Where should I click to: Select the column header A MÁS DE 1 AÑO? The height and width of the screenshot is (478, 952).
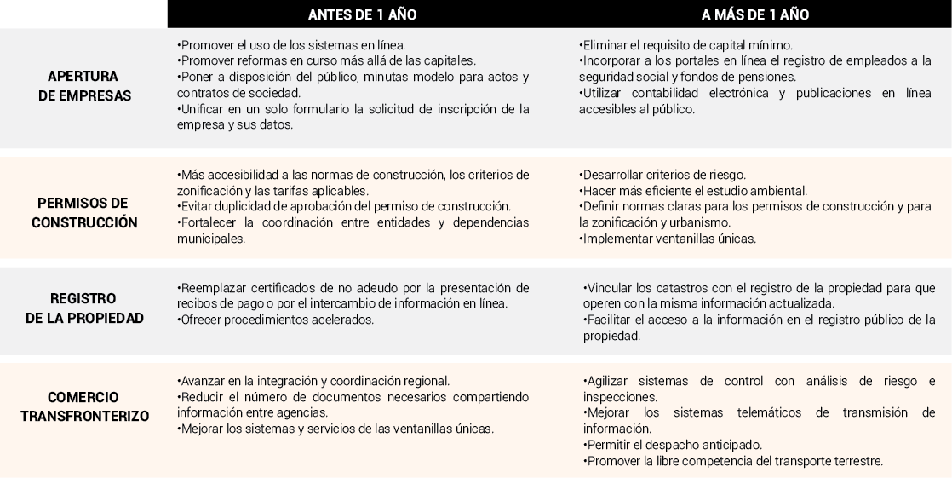754,14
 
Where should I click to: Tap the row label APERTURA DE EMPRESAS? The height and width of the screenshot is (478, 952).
83,86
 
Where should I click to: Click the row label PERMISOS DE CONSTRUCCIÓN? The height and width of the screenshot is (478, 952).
83,213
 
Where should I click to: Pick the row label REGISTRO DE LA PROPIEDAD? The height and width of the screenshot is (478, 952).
83,308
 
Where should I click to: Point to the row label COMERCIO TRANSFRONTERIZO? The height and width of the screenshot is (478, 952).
83,406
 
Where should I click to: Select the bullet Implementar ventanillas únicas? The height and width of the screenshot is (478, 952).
668,239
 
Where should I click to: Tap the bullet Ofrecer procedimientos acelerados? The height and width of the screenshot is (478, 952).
276,320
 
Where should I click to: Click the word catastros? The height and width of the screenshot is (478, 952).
662,288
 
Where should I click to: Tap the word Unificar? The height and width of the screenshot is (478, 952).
200,109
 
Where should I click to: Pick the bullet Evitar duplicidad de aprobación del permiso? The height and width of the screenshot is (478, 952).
344,206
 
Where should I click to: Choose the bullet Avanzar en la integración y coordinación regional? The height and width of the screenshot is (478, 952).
314,380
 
